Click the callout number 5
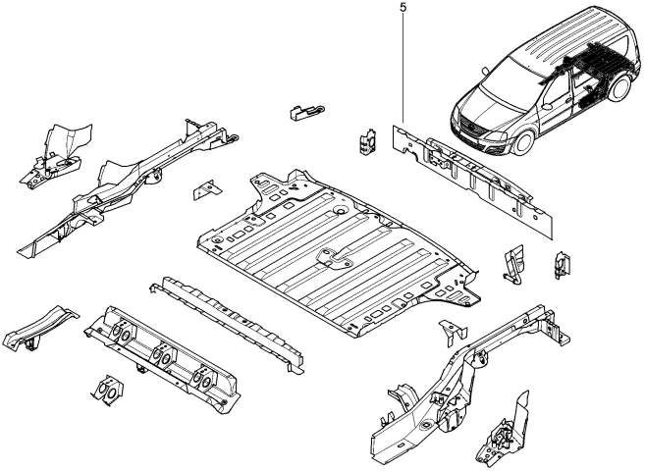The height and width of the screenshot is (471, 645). tap(403, 8)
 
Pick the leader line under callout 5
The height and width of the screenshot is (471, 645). tap(403, 69)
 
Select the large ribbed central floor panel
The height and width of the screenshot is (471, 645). tap(334, 250)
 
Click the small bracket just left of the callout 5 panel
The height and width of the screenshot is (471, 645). tap(368, 141)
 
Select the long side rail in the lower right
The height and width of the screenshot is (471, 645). tap(461, 373)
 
